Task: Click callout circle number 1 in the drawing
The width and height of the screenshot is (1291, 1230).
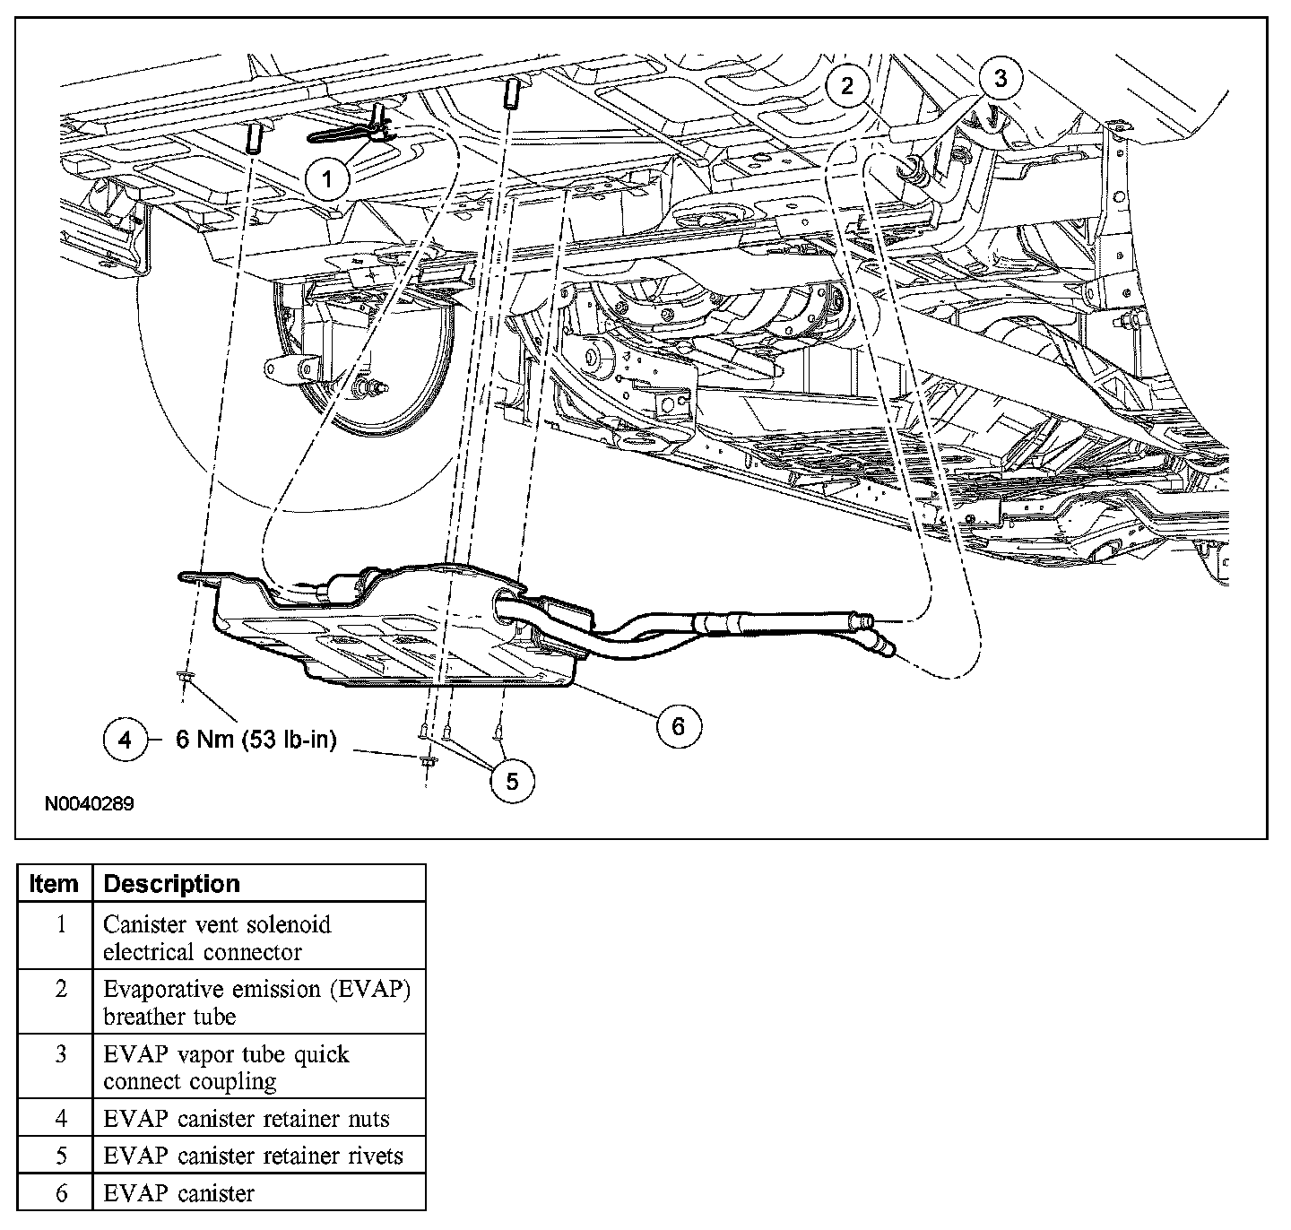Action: (x=327, y=178)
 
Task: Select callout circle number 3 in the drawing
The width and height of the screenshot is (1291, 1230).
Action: (x=1001, y=78)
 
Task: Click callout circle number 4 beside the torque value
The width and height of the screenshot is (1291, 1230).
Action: (x=125, y=740)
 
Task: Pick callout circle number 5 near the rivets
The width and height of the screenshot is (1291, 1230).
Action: (x=512, y=781)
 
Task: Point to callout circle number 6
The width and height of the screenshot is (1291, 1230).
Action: (x=678, y=725)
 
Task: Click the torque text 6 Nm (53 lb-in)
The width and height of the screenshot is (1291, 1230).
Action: (x=256, y=740)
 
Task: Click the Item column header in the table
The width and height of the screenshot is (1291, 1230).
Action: (x=54, y=883)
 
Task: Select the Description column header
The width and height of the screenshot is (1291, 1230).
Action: (x=172, y=883)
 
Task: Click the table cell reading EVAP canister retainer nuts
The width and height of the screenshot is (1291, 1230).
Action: (x=246, y=1118)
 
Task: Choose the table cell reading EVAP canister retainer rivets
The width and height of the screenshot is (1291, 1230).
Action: (x=253, y=1156)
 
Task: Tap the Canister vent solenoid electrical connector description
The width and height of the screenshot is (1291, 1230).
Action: (x=217, y=937)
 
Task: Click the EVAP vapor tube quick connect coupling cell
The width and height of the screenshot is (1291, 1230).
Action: (x=226, y=1067)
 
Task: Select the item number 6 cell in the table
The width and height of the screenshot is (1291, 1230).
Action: (x=61, y=1193)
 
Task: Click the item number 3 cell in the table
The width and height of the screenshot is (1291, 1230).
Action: (x=61, y=1054)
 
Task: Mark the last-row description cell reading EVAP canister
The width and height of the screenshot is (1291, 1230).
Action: (x=179, y=1193)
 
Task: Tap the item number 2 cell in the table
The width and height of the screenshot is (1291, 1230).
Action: (x=61, y=989)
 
